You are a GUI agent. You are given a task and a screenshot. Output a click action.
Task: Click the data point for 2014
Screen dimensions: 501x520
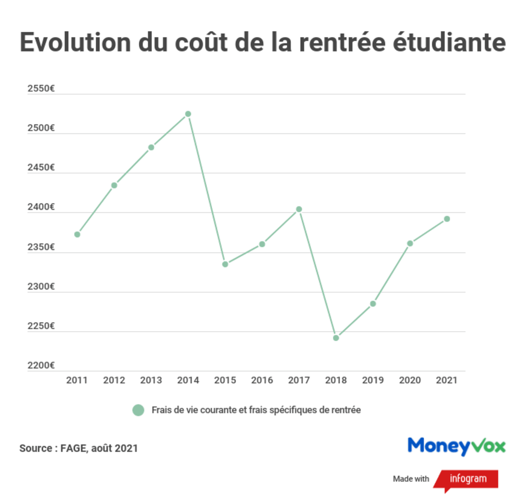click(188, 114)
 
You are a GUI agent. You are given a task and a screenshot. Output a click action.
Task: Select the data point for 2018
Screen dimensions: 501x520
click(336, 338)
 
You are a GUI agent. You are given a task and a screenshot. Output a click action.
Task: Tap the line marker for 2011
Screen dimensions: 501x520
click(77, 234)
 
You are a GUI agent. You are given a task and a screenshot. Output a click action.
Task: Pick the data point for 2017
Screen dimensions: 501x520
click(299, 209)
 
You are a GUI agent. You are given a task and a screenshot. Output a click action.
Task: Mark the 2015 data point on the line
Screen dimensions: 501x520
click(225, 264)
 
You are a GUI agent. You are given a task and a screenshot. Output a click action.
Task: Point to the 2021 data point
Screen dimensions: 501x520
click(447, 219)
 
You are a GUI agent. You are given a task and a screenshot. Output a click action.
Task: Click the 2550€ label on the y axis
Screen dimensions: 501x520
click(41, 89)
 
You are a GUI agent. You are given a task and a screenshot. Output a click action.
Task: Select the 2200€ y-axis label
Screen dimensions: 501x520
click(41, 366)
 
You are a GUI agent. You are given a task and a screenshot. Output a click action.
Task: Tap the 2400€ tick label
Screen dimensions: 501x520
click(41, 207)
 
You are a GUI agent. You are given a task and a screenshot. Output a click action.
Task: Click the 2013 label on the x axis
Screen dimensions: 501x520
click(151, 381)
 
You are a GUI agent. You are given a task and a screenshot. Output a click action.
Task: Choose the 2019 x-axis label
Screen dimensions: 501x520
click(373, 381)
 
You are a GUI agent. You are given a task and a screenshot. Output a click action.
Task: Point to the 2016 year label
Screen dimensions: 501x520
click(262, 381)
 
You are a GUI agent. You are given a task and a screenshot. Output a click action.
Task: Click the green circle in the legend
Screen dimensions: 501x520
click(138, 410)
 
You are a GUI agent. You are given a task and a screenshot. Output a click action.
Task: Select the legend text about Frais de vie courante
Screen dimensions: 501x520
click(256, 410)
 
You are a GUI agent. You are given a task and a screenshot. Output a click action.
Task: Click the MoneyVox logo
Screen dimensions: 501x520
click(456, 446)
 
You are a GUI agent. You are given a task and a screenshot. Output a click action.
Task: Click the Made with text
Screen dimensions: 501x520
click(411, 479)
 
